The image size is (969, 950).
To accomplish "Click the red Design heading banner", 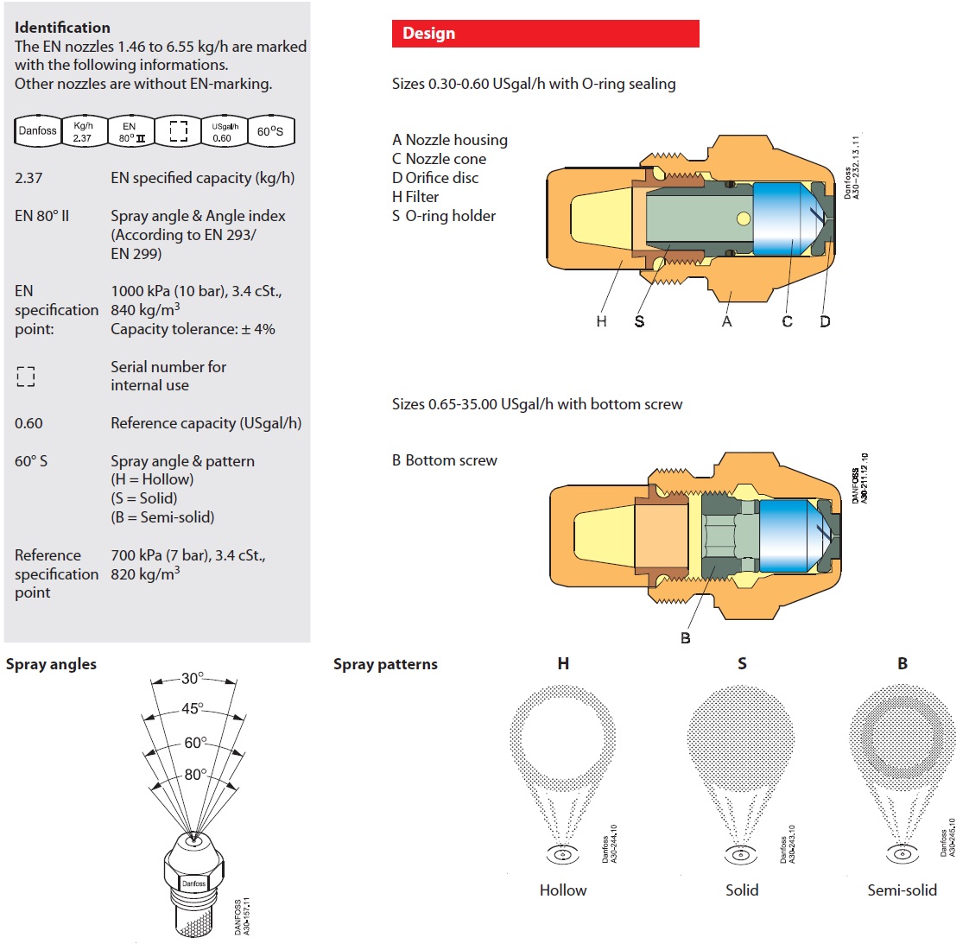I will [545, 34].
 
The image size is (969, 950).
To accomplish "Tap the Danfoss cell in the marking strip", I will [37, 131].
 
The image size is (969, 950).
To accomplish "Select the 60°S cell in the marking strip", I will [269, 131].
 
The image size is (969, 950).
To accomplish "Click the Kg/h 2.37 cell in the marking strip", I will [83, 131].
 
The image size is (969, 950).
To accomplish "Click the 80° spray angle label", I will [195, 775].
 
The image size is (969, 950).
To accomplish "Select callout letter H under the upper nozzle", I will [601, 321].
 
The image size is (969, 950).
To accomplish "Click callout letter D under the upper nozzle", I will [825, 321].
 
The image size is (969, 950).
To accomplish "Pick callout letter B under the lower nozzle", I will [685, 638].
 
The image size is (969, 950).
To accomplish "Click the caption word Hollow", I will [563, 890].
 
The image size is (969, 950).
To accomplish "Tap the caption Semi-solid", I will [902, 890].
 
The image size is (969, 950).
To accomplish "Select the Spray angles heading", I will [51, 664].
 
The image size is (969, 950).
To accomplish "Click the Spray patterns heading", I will [385, 664].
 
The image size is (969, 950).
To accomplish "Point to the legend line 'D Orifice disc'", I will [435, 178].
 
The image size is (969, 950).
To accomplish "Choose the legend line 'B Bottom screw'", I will [445, 460].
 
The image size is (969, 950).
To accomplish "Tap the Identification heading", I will [62, 28].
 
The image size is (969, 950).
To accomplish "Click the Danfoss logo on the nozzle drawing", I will [193, 883].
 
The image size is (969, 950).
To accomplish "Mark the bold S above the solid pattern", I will [742, 663].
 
